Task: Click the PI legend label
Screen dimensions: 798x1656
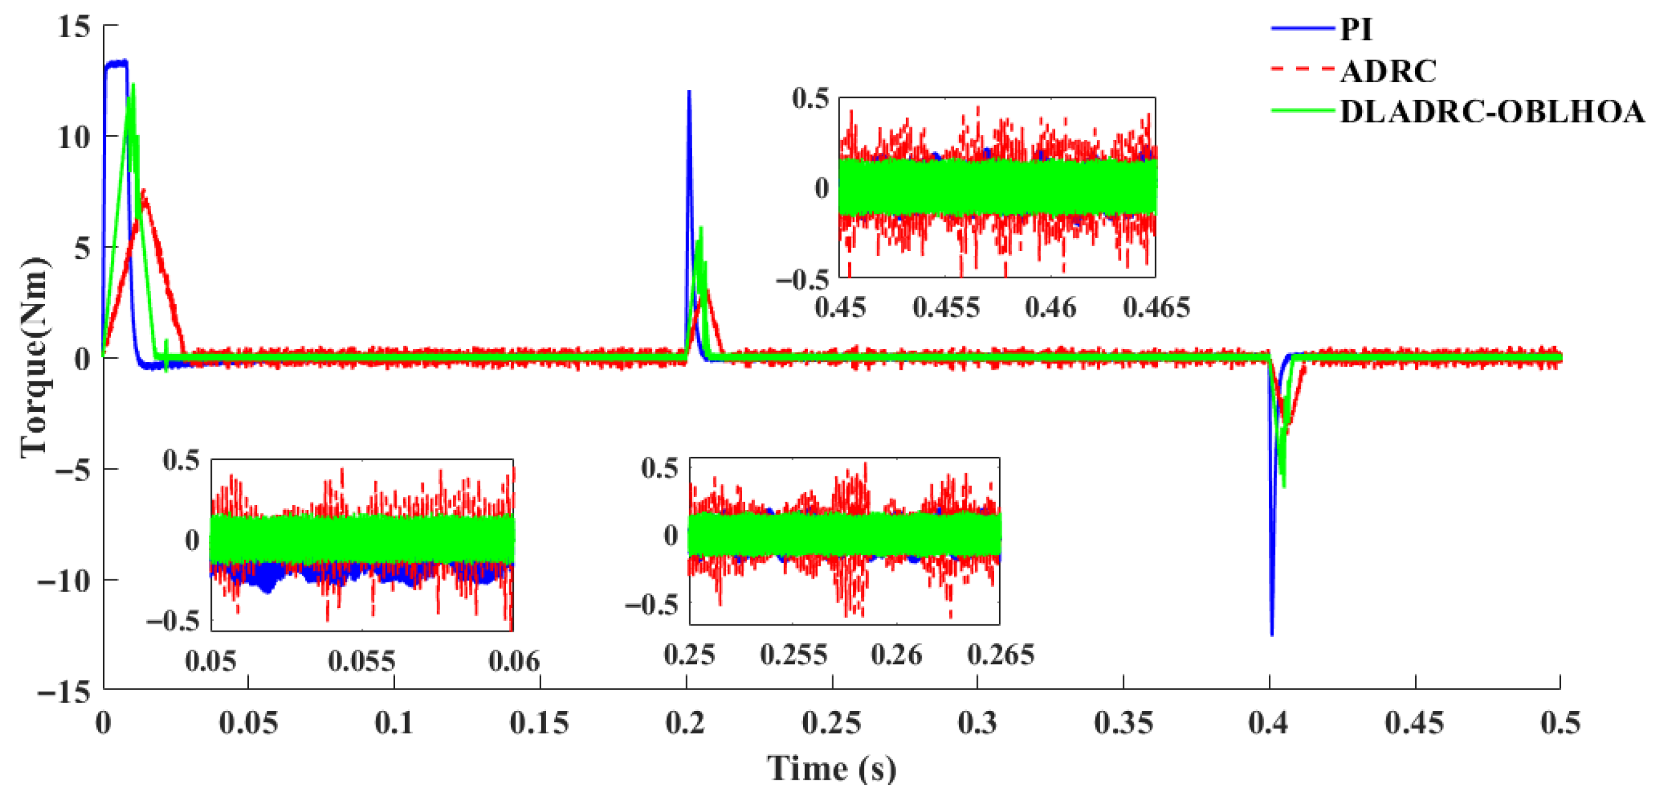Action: pos(1356,30)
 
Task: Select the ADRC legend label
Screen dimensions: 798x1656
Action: pos(1388,71)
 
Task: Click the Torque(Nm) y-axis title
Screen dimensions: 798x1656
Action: pos(33,358)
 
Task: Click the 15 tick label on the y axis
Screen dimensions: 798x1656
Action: pos(73,27)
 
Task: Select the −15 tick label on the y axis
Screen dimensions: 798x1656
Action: pos(64,692)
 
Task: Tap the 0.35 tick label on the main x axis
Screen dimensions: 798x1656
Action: pos(1123,724)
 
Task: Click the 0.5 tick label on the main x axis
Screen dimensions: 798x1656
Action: pos(1560,724)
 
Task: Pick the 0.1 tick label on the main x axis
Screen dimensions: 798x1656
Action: pos(394,724)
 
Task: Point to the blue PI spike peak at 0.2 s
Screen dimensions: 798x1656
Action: pos(689,92)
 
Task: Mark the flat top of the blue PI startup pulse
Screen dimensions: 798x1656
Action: pos(116,63)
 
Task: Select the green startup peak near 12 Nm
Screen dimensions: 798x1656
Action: pos(133,85)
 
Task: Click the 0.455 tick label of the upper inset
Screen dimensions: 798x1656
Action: pos(946,308)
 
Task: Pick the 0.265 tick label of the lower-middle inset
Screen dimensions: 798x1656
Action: pos(1000,655)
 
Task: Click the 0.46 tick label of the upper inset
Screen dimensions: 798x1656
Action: pos(1050,308)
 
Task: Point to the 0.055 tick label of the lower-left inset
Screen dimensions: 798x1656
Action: pos(361,661)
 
